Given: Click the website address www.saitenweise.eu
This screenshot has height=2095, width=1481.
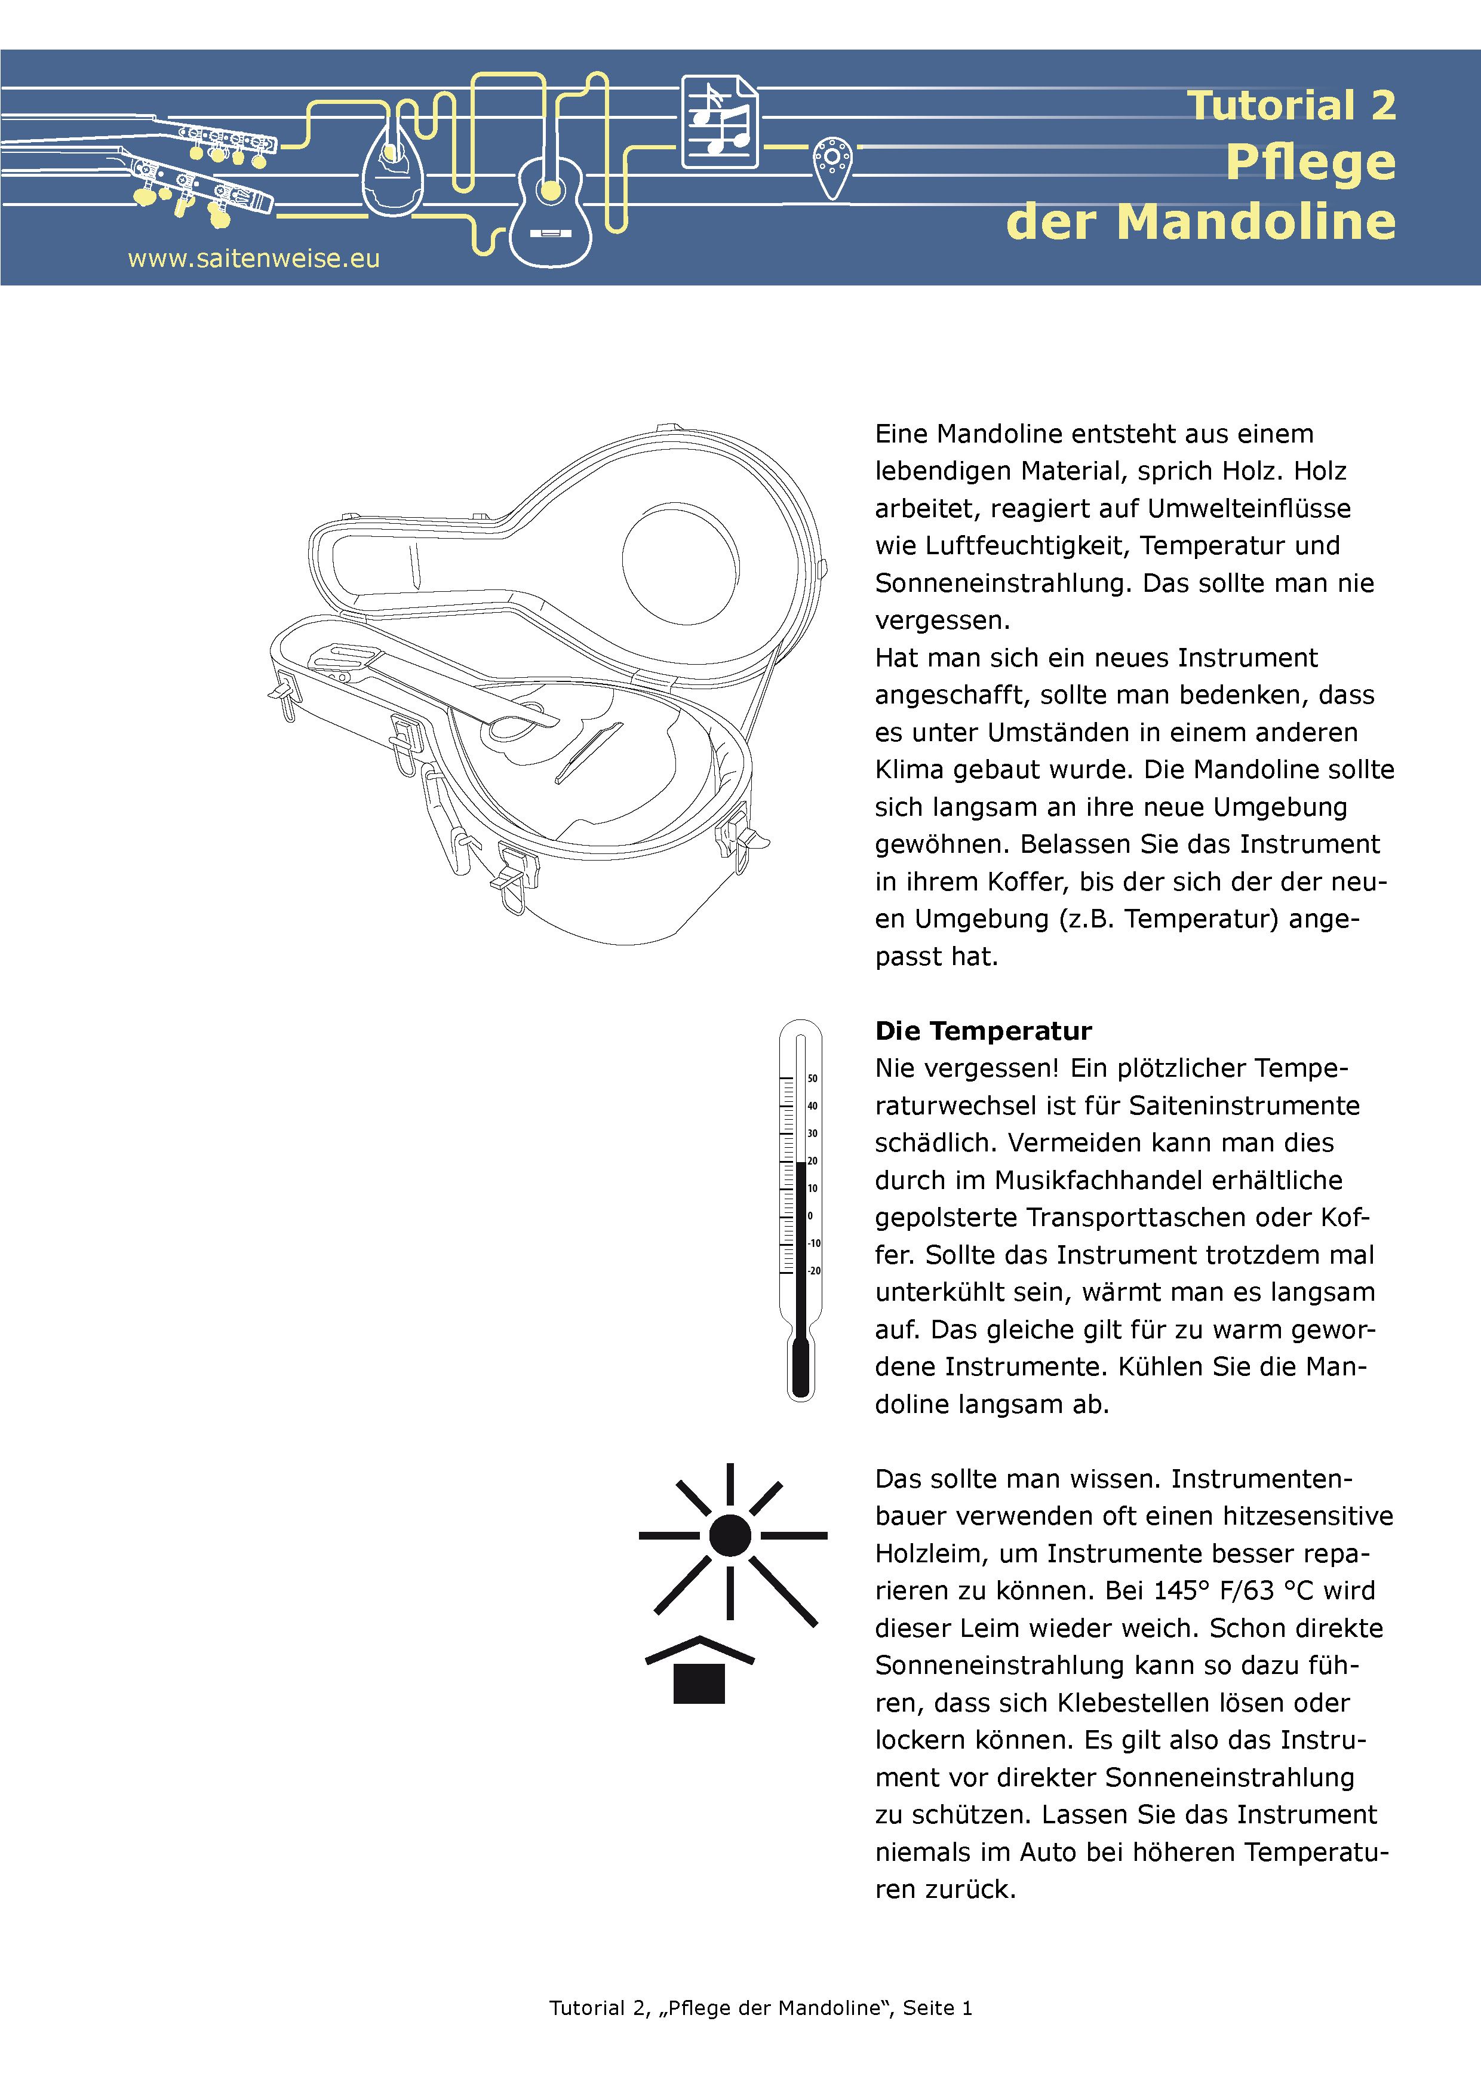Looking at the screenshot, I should (254, 259).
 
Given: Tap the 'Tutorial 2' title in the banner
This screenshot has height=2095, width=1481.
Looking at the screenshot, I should (1291, 105).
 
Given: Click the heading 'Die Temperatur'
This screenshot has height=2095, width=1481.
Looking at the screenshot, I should (983, 1031).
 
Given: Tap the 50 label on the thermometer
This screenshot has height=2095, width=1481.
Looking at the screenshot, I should (812, 1079).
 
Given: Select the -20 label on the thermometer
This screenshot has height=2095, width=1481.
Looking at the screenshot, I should (814, 1270).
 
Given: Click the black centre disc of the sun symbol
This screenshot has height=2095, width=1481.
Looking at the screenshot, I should (729, 1535).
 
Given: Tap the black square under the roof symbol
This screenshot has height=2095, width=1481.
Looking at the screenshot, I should (698, 1684).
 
